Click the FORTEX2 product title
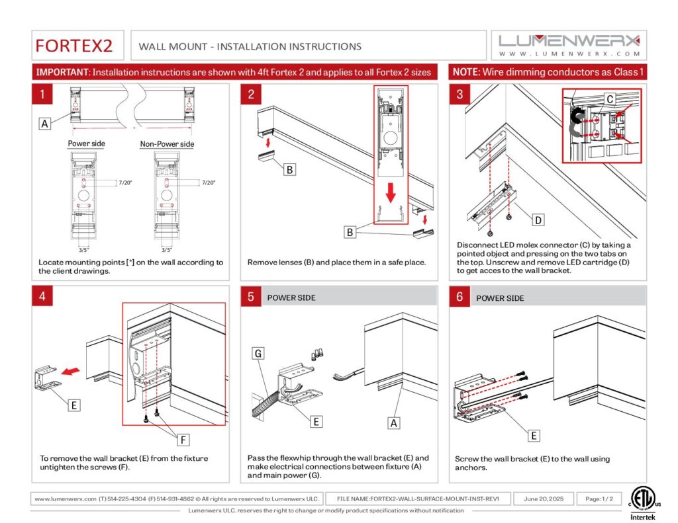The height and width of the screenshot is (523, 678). point(74,46)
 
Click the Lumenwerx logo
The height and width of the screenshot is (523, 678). point(569,45)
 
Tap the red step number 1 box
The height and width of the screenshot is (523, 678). point(42,94)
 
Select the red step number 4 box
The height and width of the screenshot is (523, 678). point(42,296)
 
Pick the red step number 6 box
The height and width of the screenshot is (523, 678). point(460,297)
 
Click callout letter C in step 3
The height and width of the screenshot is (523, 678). point(610,99)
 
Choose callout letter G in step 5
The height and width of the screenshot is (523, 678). point(259,354)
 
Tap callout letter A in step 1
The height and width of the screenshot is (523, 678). point(44,123)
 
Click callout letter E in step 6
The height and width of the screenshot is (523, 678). point(534,435)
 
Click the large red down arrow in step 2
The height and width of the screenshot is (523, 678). point(391,192)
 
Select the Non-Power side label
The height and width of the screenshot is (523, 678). point(167,143)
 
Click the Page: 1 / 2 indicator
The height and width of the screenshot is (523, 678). point(599,499)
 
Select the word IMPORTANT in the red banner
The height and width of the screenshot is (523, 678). point(62,72)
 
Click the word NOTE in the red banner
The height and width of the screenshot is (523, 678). point(466,72)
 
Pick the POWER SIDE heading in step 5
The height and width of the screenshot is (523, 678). point(291,298)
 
